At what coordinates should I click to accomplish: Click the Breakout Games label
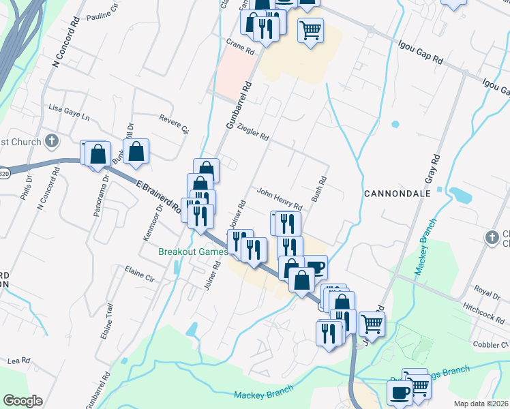pos(192,252)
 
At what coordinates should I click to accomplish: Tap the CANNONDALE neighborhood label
pos(397,193)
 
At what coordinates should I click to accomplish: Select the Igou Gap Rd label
pos(421,52)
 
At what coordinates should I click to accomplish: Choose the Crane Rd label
pos(240,47)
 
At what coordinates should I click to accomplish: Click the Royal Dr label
pos(487,292)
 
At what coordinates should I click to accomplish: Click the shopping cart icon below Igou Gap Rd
pos(310,29)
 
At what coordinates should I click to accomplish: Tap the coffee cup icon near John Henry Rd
pos(315,265)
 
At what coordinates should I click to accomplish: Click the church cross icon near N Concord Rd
pos(50,141)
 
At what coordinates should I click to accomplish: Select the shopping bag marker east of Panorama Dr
pos(136,151)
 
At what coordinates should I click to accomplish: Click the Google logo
pos(22,400)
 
